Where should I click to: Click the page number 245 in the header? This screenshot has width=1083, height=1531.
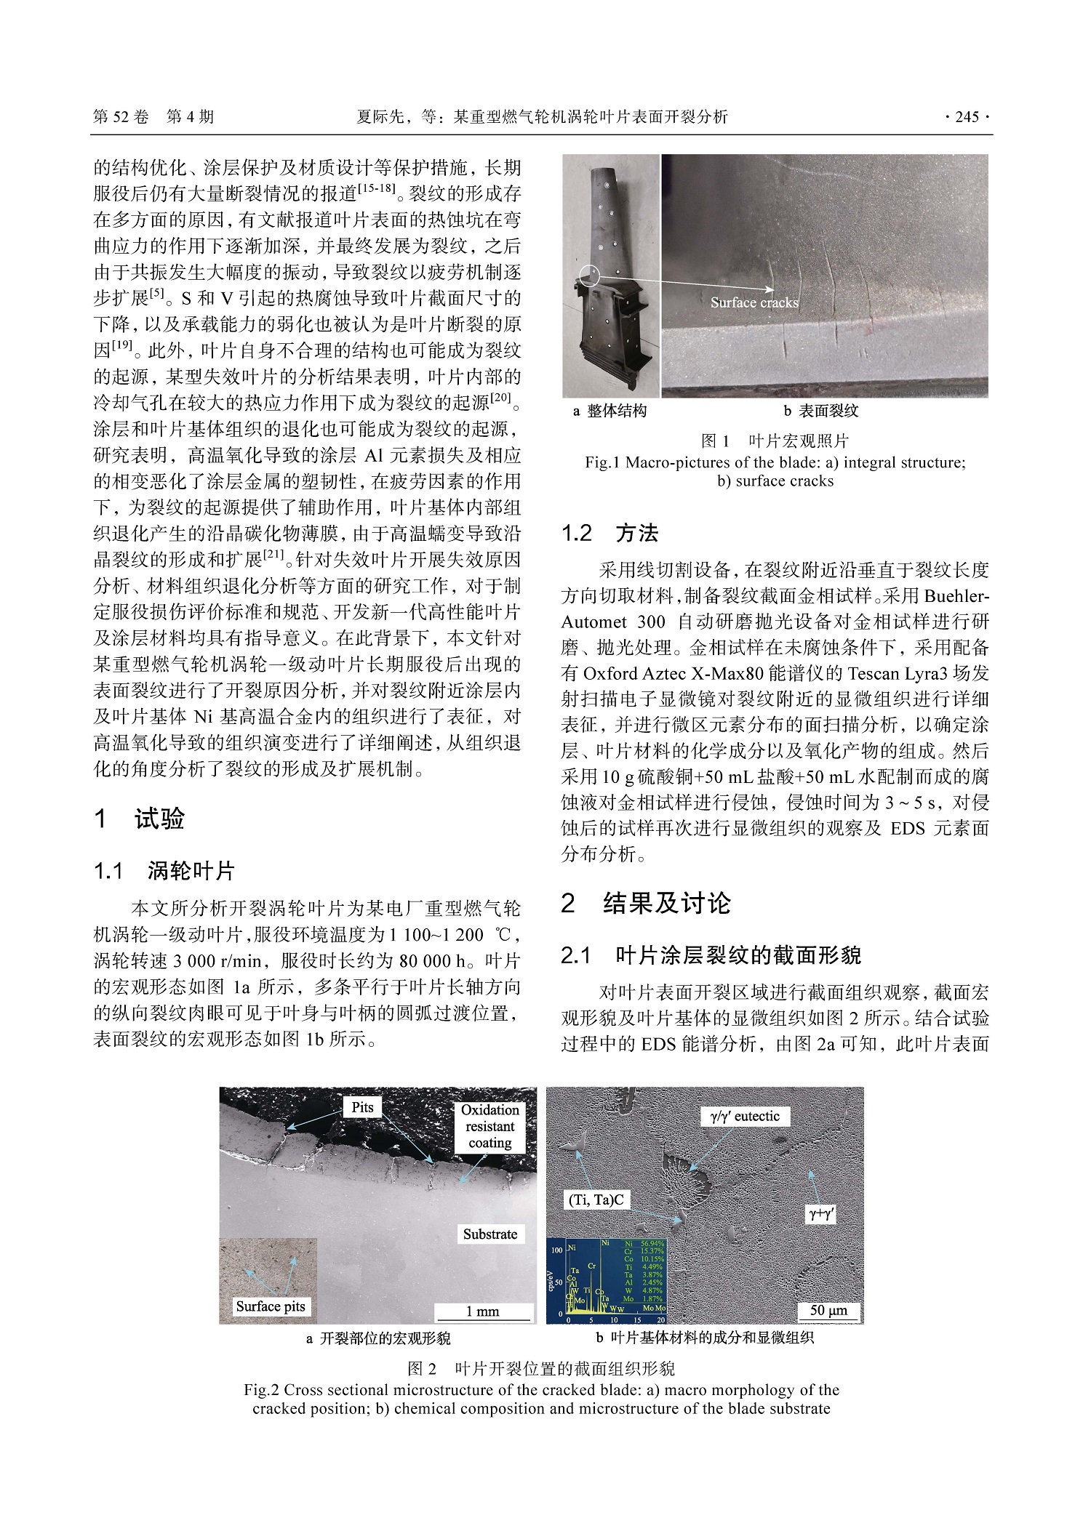pos(967,117)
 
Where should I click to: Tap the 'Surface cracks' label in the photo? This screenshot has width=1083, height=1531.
pos(754,302)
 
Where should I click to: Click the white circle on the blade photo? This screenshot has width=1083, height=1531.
pos(589,276)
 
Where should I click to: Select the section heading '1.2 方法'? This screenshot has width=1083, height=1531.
pos(610,533)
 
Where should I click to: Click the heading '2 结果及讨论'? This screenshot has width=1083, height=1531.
pos(645,903)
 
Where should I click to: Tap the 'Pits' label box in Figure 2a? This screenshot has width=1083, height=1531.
pos(362,1107)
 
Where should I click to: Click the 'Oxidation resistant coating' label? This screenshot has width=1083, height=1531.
pos(489,1126)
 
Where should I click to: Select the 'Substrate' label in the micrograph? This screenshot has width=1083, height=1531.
pos(489,1234)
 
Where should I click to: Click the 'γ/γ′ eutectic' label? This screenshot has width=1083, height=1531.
pos(745,1116)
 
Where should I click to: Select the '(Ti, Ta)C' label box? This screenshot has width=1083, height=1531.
pos(596,1200)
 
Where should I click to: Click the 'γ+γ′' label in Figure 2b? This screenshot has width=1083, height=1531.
pos(821,1213)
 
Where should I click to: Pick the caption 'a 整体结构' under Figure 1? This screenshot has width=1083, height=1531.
pos(610,411)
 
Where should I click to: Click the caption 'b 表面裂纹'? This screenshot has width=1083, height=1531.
pos(820,411)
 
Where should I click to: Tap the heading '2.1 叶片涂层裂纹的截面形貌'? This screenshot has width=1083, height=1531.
pos(711,955)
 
